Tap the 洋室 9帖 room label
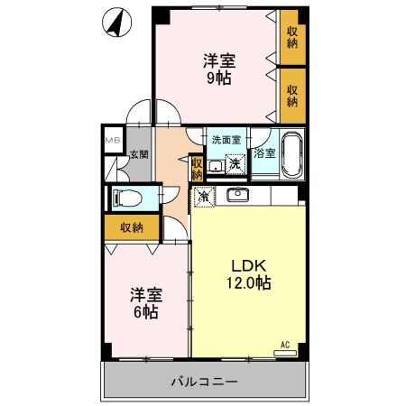(x=216, y=69)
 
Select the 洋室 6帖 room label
(x=143, y=302)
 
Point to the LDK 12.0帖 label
(x=248, y=273)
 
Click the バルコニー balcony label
(x=205, y=382)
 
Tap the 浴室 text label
(x=264, y=154)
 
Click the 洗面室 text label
(x=226, y=140)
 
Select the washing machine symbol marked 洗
(x=235, y=163)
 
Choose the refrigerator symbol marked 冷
(x=205, y=195)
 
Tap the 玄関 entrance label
(x=138, y=155)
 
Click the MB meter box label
(x=113, y=141)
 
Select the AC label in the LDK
(x=284, y=345)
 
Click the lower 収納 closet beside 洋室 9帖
(x=292, y=95)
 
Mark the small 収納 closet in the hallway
(x=198, y=168)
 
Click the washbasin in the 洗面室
(x=216, y=166)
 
